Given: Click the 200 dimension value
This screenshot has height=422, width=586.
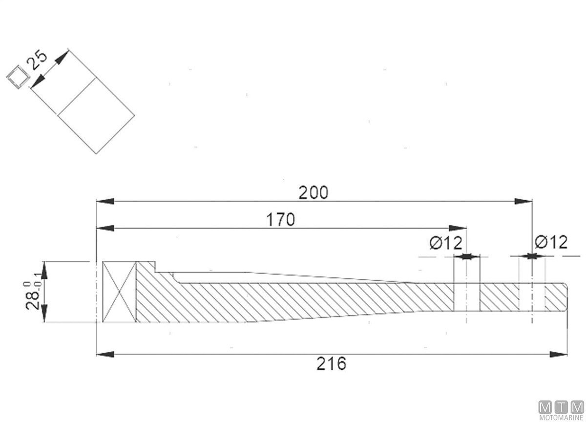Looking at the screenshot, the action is pos(313,193).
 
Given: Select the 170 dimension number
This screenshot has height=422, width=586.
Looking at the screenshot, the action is pos(280,219).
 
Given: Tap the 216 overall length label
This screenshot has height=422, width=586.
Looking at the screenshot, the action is pos(331,363).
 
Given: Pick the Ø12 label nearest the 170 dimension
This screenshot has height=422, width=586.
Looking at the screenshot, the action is pos(446,243).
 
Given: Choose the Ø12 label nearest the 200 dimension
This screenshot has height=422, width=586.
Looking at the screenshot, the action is pos(551,242).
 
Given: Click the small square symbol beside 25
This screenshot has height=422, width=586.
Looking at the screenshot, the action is pos(18,77).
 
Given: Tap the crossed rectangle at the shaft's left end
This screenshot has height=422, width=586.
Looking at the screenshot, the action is pos(119,292).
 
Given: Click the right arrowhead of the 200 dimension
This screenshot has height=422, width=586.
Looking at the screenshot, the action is pos(523,201).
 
